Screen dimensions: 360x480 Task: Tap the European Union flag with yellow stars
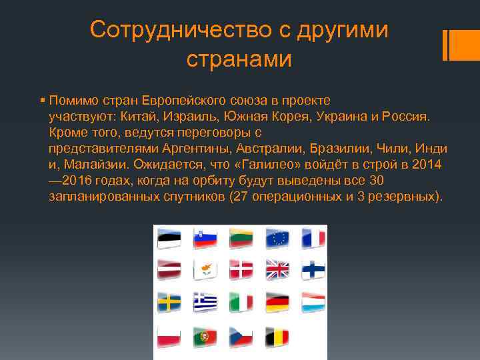(x=277, y=237)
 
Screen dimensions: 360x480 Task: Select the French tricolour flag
(x=313, y=237)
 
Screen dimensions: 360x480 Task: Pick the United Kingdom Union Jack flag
(x=277, y=269)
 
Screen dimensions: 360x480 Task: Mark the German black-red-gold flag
(x=277, y=303)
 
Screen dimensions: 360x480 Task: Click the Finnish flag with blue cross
(x=313, y=269)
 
